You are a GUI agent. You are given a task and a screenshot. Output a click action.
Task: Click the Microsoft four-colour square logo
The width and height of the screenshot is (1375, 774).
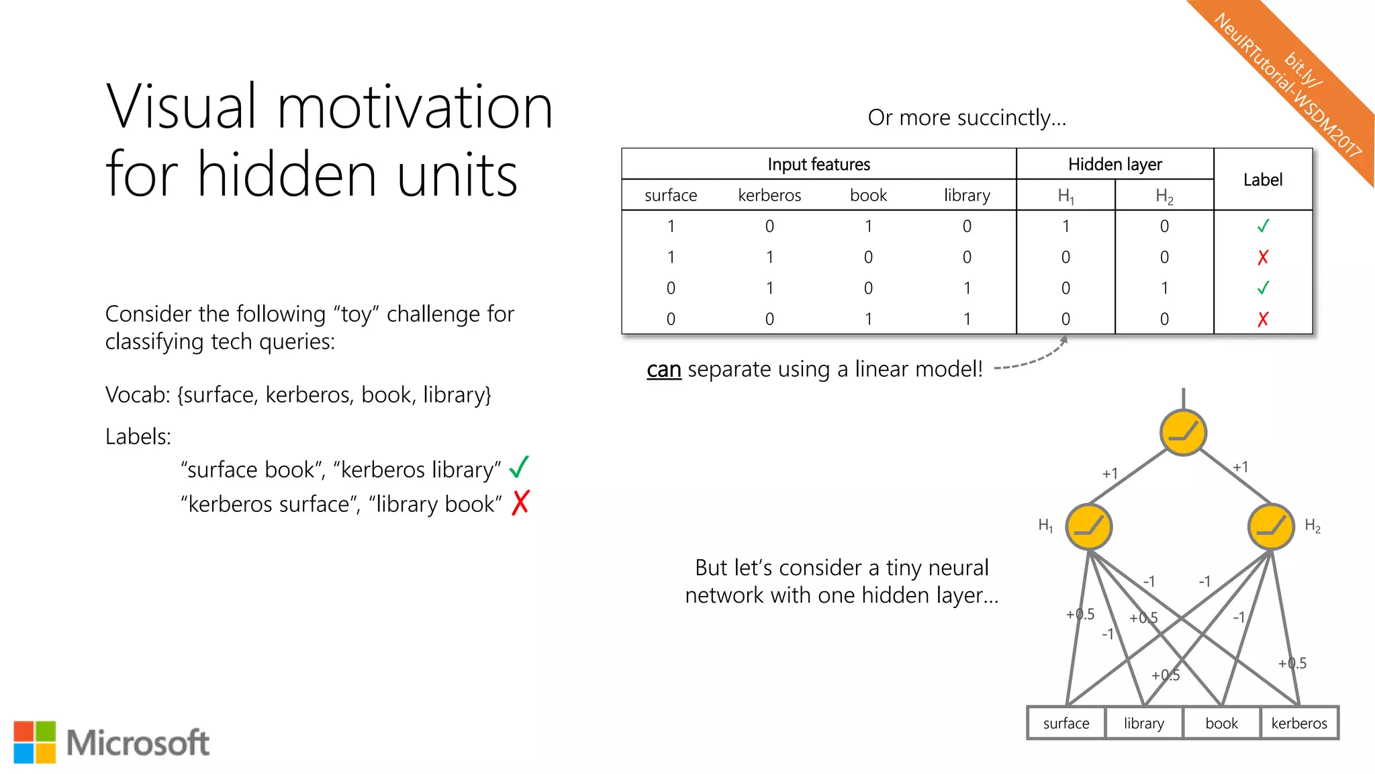pos(35,742)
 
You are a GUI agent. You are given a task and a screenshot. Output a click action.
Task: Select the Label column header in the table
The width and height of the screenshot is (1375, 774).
pos(1262,179)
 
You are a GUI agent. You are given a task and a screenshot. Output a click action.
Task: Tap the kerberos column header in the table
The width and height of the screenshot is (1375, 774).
pos(769,196)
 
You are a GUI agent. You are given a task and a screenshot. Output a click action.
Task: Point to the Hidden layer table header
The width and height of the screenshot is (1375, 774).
pos(1115,164)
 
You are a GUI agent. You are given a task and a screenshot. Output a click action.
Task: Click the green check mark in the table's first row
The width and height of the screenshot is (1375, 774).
pos(1263,226)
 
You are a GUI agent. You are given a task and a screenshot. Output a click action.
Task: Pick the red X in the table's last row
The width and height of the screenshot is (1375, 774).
pos(1263,319)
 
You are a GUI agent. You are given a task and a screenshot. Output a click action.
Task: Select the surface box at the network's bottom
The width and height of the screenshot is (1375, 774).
pos(1066,724)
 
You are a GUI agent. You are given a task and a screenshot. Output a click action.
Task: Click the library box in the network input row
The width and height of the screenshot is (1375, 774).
pos(1143,724)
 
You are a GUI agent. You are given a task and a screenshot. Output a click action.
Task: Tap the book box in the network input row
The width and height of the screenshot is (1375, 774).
pos(1221,724)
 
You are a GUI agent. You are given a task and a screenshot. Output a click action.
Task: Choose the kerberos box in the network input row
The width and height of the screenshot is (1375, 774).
pos(1299,724)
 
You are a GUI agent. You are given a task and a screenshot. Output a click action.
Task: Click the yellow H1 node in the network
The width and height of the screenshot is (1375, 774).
pos(1089,527)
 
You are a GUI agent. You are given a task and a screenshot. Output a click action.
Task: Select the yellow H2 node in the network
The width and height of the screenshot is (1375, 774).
pos(1270,527)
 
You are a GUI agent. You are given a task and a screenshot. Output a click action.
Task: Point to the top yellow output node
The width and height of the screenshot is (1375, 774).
pos(1183,433)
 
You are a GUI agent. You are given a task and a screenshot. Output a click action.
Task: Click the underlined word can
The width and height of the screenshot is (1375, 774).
pos(664,370)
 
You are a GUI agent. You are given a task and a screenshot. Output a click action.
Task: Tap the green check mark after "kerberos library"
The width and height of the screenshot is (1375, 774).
pos(519,467)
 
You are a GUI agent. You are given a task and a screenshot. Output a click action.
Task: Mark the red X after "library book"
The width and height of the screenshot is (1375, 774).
pos(520,503)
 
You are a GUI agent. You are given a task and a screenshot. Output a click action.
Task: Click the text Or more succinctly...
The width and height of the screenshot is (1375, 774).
pos(966,118)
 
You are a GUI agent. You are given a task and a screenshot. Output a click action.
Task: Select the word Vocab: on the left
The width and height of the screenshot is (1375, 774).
pos(138,395)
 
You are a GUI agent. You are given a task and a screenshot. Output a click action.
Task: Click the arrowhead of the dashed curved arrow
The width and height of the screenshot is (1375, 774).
pos(1063,340)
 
